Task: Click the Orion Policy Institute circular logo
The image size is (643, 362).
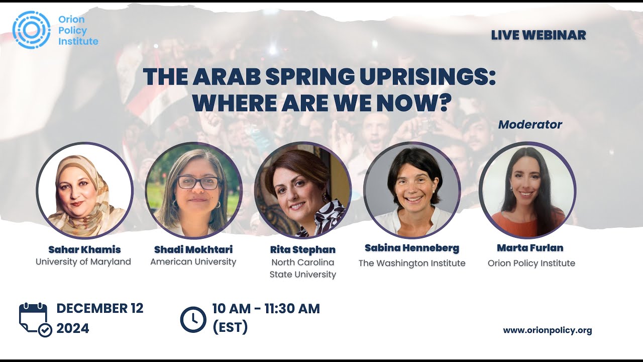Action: click(31, 30)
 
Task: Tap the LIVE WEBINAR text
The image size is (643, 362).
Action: click(539, 35)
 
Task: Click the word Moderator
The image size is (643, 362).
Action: click(530, 124)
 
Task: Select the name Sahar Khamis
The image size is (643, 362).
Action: click(84, 249)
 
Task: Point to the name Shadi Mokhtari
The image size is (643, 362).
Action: click(193, 249)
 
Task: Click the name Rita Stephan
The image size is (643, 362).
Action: click(302, 249)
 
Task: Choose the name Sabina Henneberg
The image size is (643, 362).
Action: click(412, 248)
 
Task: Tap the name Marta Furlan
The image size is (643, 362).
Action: click(530, 248)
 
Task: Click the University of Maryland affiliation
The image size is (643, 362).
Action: click(83, 261)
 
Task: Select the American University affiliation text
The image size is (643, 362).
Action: click(193, 261)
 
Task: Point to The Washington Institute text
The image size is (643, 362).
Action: click(412, 263)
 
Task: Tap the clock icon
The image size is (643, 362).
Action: click(193, 319)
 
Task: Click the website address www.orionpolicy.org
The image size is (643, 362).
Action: click(548, 330)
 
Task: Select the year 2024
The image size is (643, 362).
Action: click(73, 328)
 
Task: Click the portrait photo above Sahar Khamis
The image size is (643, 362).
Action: click(84, 190)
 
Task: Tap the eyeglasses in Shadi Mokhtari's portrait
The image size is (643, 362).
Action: click(197, 183)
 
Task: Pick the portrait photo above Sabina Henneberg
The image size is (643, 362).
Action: click(412, 190)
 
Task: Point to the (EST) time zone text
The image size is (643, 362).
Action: click(230, 327)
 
